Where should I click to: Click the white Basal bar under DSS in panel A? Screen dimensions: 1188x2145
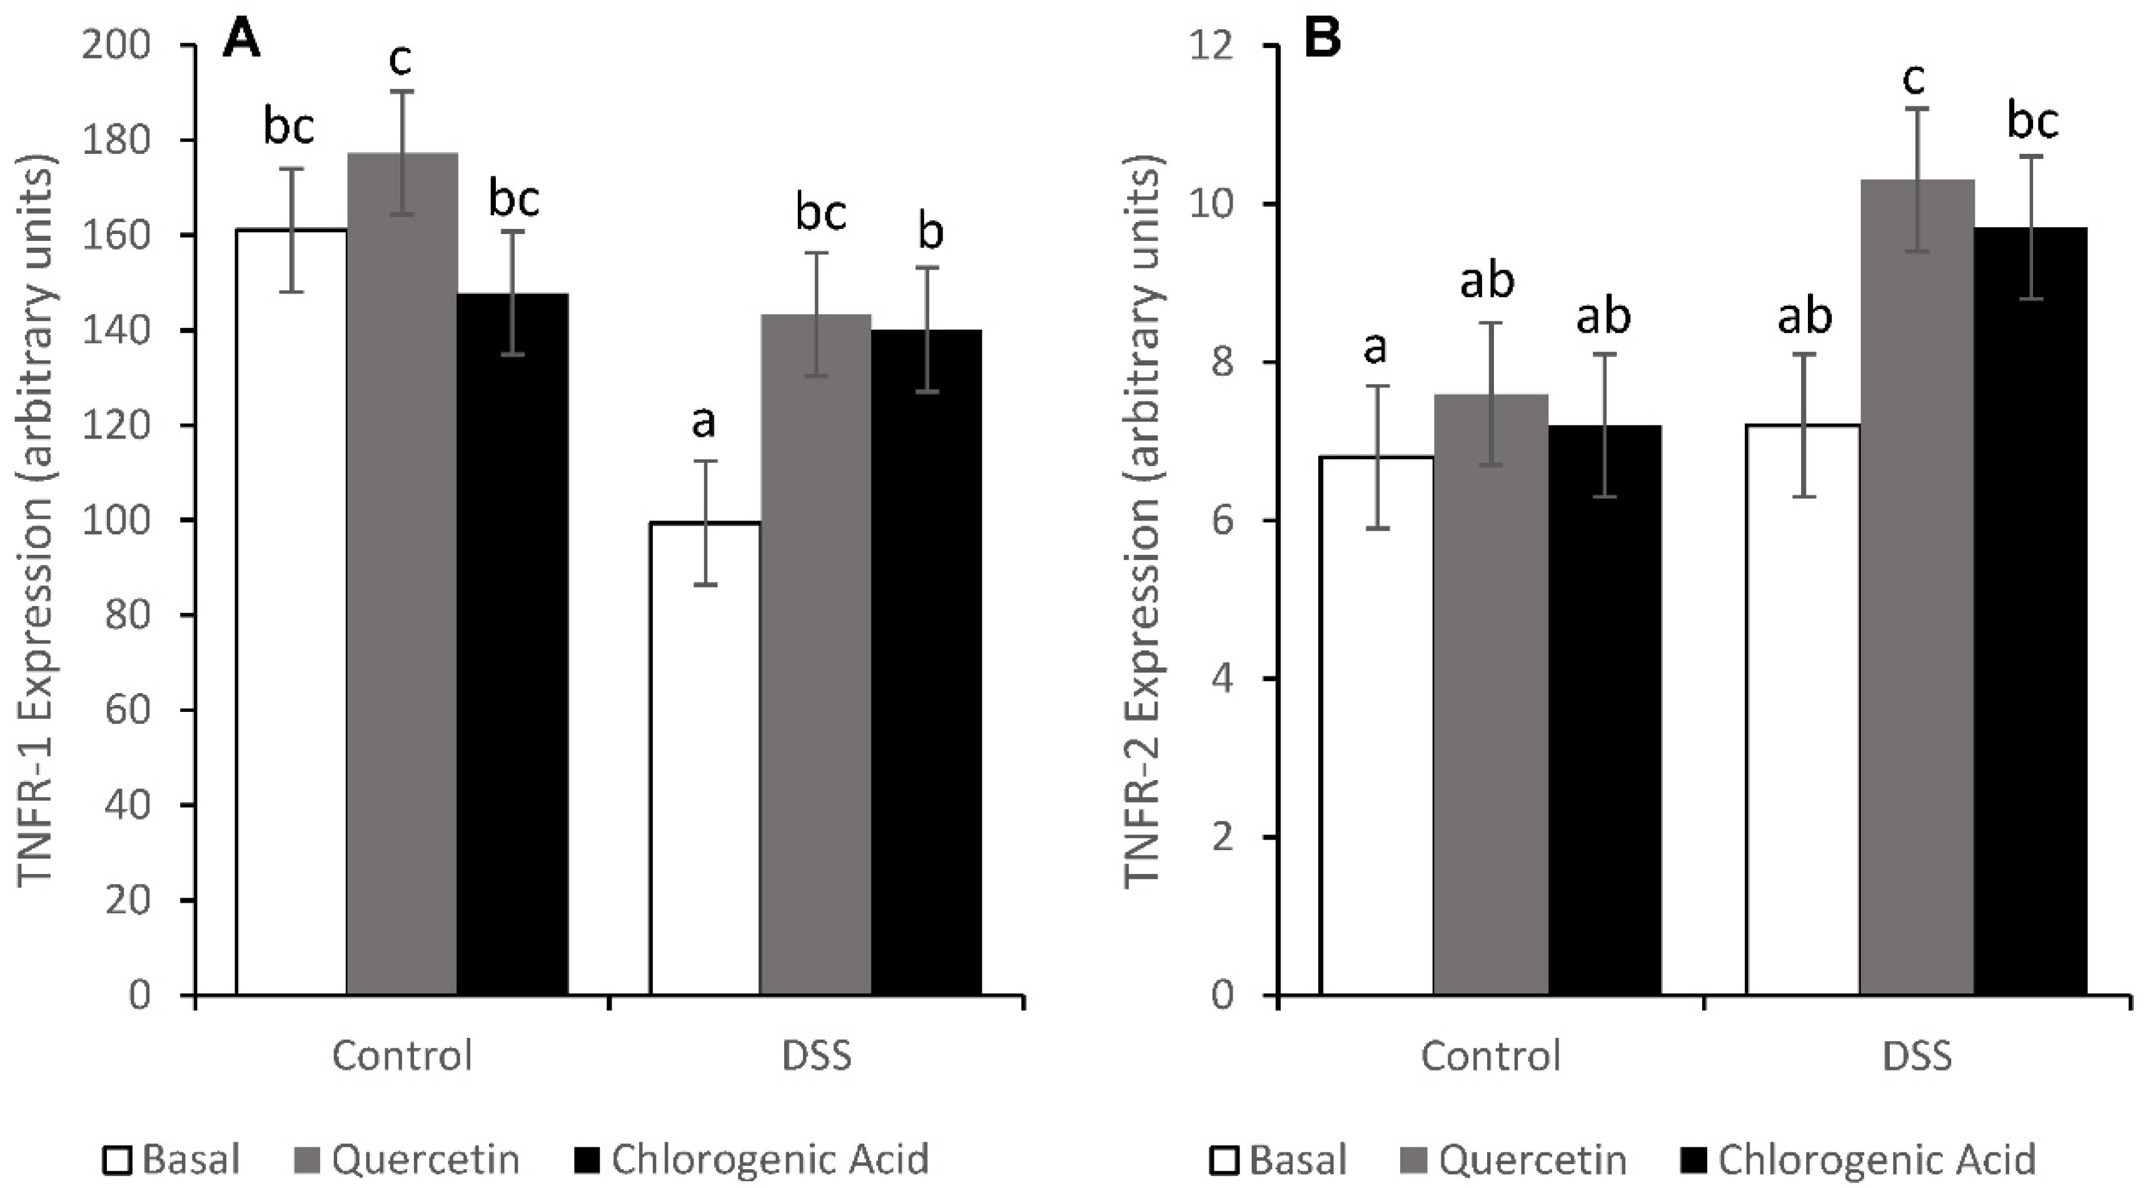[704, 758]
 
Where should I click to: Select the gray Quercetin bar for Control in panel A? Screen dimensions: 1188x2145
[402, 575]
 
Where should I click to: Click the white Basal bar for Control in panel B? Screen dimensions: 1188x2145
[1376, 725]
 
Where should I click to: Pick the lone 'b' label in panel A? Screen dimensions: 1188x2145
[930, 233]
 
